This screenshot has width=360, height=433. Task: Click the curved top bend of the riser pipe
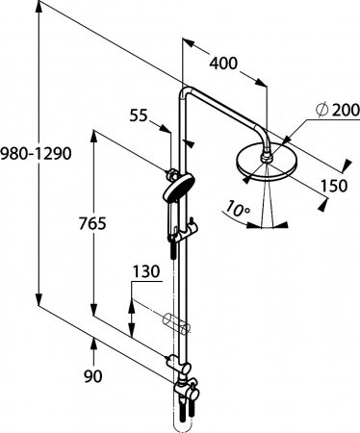(x=185, y=93)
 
